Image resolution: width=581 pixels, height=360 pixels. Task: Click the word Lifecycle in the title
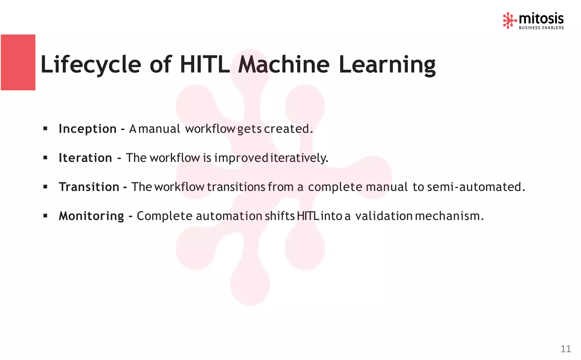(x=90, y=65)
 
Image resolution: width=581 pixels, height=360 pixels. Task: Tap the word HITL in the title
(x=205, y=65)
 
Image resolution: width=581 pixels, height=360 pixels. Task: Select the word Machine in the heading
(x=284, y=65)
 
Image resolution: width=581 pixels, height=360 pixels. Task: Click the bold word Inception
(x=87, y=129)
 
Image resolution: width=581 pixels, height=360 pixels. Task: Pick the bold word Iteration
(x=85, y=158)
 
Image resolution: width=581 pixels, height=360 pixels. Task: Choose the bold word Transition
(x=89, y=187)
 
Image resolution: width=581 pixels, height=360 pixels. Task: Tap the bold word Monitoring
(x=91, y=216)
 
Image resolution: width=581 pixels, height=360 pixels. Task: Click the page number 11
(x=565, y=349)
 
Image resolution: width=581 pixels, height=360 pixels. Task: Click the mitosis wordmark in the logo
(x=541, y=19)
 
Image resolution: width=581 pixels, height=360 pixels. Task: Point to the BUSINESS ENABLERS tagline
(x=541, y=28)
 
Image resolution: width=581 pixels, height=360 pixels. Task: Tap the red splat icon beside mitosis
(x=509, y=20)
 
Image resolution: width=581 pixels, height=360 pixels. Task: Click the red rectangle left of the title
(x=18, y=62)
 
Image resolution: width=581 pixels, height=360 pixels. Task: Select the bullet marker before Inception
(x=45, y=129)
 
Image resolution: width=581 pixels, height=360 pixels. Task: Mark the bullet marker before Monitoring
(x=45, y=216)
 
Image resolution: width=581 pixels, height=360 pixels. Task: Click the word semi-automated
(x=476, y=187)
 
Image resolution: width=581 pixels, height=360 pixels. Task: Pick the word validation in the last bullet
(x=384, y=216)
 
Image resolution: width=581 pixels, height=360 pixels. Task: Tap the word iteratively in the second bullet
(x=299, y=158)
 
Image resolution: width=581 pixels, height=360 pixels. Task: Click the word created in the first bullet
(x=288, y=129)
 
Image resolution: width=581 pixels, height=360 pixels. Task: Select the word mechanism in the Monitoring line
(x=449, y=216)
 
